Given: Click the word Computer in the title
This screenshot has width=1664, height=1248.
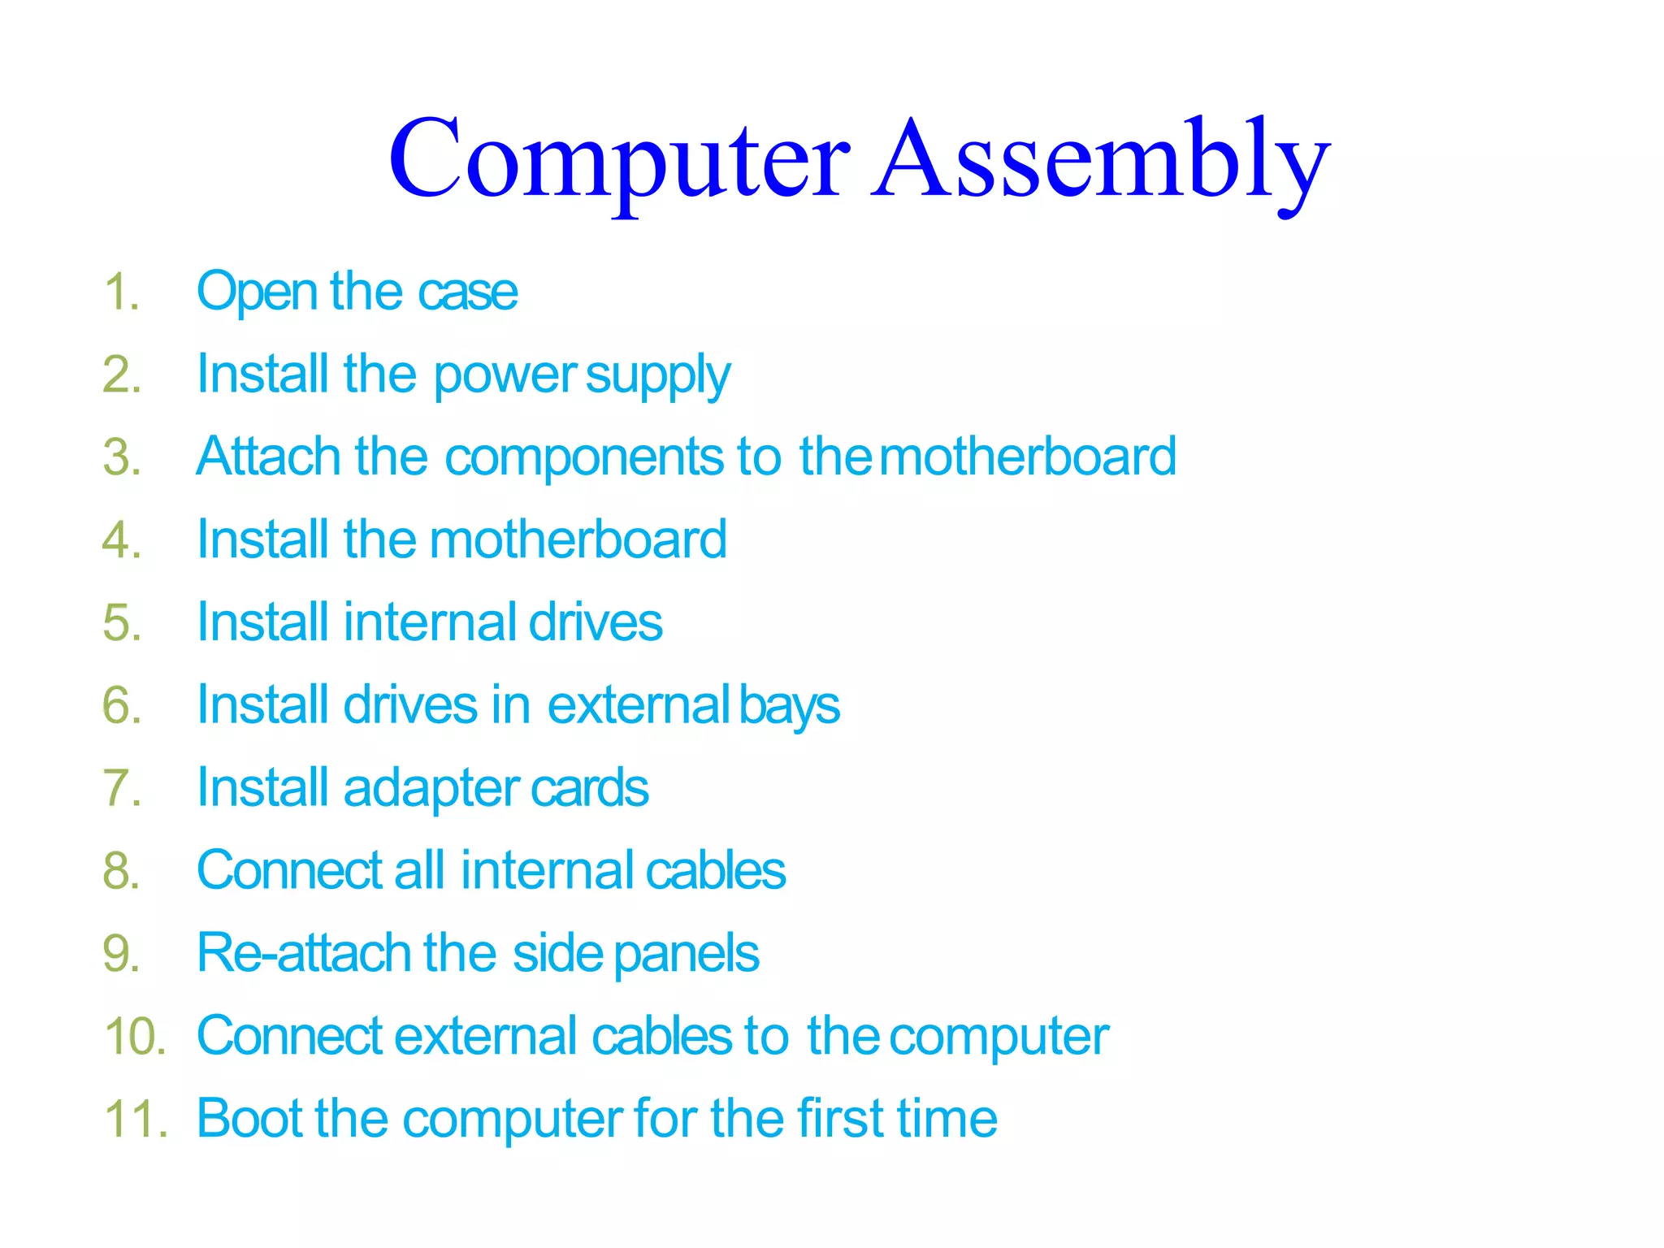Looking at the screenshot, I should point(619,160).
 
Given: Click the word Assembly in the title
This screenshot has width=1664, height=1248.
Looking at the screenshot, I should point(1100,160).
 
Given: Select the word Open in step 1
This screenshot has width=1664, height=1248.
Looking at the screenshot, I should point(257,292).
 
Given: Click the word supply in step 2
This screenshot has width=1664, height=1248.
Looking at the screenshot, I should point(657,376).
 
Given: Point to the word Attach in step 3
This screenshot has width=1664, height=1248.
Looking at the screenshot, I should point(268,457).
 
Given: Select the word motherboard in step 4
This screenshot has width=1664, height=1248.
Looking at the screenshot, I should point(578,540).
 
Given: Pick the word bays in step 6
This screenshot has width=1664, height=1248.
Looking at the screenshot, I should point(789,706).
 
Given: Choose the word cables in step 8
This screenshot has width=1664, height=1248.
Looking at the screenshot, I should point(715,871).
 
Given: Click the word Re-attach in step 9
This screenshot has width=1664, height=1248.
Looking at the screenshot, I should point(303,953).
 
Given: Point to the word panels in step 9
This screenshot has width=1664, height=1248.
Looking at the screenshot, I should point(686,955).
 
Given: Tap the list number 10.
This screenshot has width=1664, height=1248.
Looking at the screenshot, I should point(135,1037).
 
